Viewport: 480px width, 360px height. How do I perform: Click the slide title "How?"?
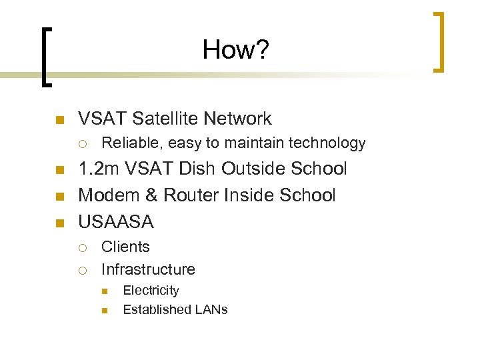click(236, 49)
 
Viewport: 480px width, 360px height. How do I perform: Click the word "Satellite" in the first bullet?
click(166, 119)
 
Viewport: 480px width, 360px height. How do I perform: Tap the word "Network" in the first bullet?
click(238, 119)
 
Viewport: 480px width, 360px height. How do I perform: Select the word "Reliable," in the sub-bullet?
click(132, 143)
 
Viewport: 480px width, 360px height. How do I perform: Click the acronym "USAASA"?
click(116, 221)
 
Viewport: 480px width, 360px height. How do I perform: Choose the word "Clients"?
click(125, 247)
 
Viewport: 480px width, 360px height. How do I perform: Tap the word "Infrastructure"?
click(148, 270)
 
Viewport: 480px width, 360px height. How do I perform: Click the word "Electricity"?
click(151, 291)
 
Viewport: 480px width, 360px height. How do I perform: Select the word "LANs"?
click(211, 309)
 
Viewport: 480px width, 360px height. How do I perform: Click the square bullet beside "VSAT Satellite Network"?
click(58, 120)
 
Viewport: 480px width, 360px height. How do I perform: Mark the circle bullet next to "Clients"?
click(81, 247)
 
